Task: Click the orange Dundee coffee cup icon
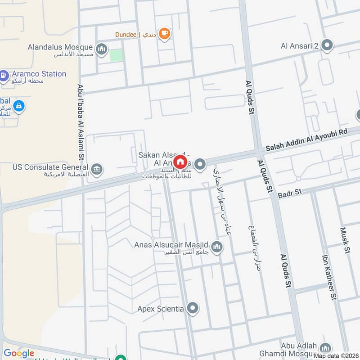tap(165, 34)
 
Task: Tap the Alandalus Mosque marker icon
tap(102, 49)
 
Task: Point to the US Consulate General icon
tap(97, 169)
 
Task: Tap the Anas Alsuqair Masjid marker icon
tap(217, 247)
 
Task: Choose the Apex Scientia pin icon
tap(193, 309)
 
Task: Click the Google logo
tap(19, 354)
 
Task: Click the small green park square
tap(116, 56)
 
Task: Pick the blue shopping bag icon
tap(18, 106)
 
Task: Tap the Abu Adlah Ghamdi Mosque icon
tap(325, 348)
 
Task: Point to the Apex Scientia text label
tap(161, 309)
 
